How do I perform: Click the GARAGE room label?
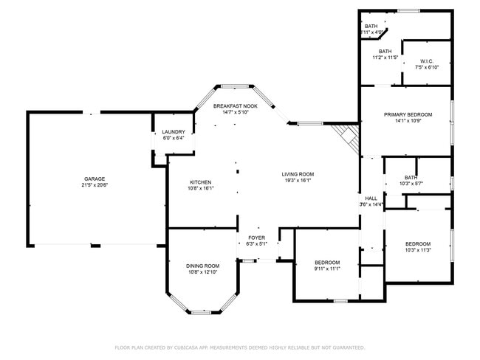tap(94, 179)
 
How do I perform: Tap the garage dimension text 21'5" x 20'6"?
tap(94, 185)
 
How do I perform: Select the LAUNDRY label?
tap(173, 131)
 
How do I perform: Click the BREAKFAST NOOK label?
tap(236, 106)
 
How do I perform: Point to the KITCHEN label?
tap(201, 182)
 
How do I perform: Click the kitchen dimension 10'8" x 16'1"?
tap(201, 188)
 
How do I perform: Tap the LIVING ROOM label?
tap(298, 174)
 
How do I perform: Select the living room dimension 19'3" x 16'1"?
tap(298, 180)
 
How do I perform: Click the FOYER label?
tap(256, 238)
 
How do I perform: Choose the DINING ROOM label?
tap(202, 266)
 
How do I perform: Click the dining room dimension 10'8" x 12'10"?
tap(202, 272)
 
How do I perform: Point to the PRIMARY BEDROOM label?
tap(406, 114)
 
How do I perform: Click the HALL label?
tap(371, 198)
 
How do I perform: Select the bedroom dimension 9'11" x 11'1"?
tap(327, 269)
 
